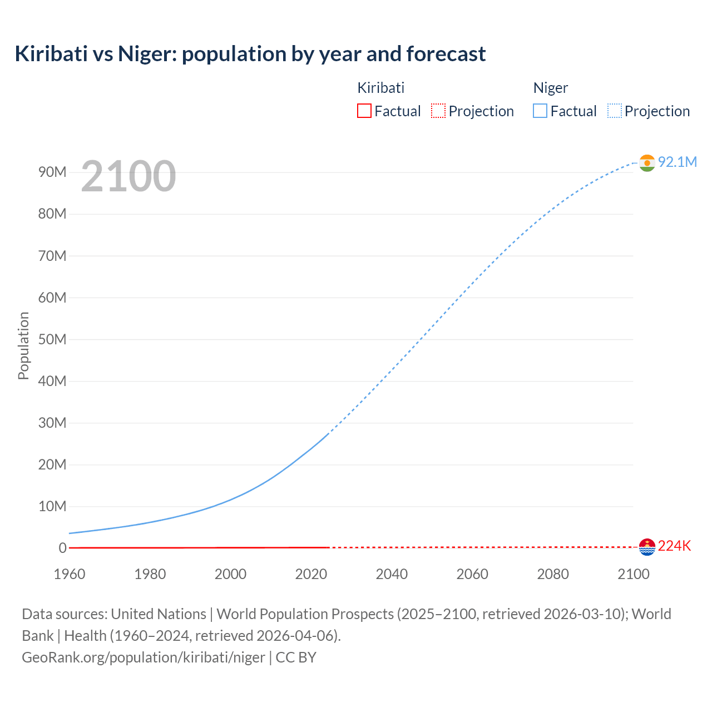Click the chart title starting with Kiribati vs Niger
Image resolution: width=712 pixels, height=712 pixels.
(250, 54)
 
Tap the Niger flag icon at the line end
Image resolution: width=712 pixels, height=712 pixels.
(647, 162)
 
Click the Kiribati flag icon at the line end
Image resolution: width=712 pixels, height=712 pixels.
(647, 547)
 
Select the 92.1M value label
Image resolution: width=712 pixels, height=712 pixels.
(677, 162)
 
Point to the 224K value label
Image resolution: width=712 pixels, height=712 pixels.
(674, 546)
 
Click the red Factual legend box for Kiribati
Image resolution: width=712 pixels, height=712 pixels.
(364, 111)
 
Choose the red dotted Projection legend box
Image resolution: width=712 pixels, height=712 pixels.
(438, 111)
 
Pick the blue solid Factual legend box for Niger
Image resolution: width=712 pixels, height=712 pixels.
(540, 111)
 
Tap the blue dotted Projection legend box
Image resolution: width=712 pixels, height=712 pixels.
(615, 111)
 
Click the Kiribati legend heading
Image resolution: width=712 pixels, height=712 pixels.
(380, 88)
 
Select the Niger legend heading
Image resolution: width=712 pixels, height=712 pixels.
(551, 88)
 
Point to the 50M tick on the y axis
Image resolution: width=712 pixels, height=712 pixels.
(52, 339)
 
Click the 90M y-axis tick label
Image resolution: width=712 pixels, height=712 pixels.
(52, 172)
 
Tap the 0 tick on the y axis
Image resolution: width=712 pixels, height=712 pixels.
(62, 548)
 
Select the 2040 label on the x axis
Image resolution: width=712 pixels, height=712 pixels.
(392, 574)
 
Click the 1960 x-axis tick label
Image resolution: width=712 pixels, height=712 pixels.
(70, 574)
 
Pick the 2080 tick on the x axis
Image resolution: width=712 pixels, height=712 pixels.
(553, 574)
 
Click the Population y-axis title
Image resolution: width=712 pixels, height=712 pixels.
(23, 345)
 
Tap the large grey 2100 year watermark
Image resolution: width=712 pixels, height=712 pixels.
(128, 176)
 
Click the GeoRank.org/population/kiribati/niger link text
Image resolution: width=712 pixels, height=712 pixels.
(144, 657)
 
